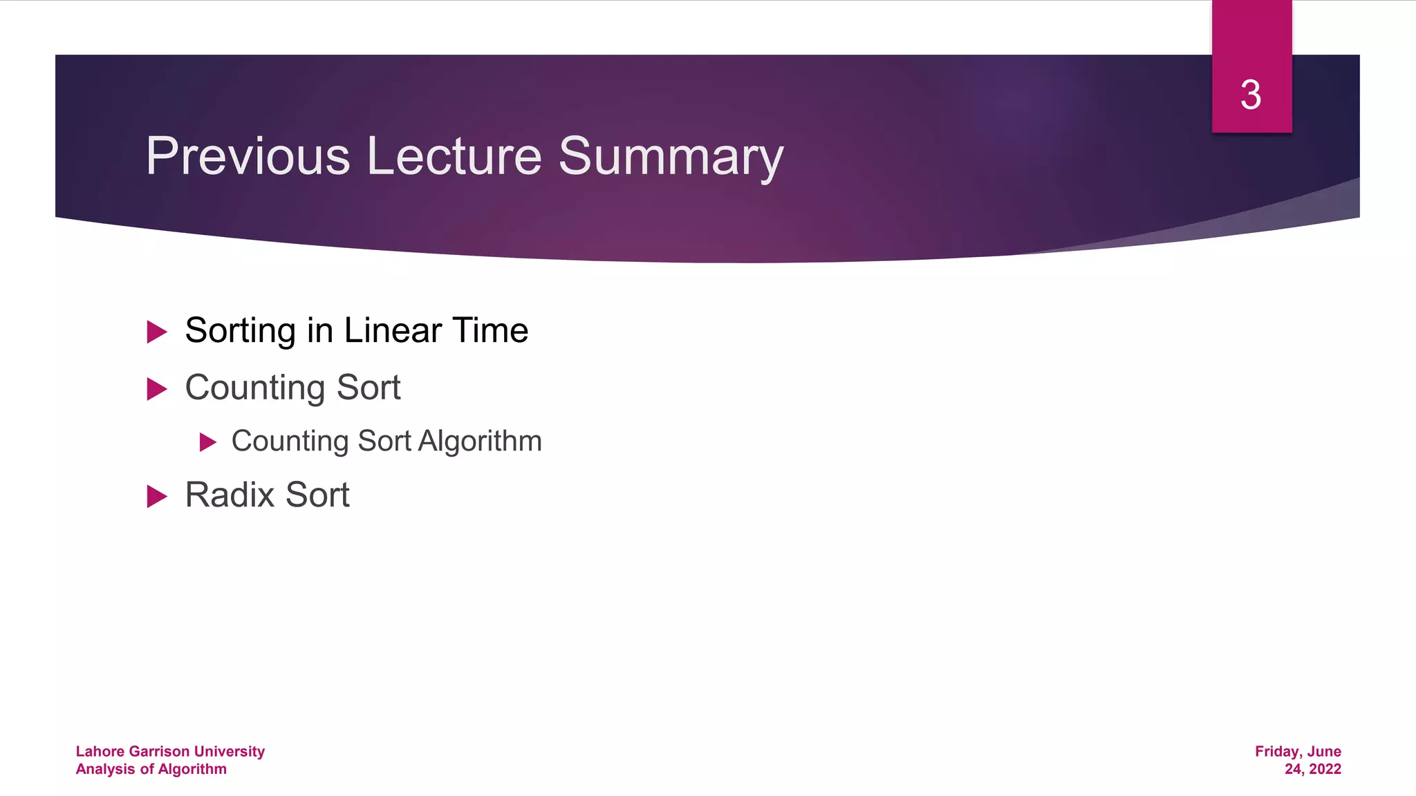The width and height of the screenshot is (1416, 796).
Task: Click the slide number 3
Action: pyautogui.click(x=1251, y=95)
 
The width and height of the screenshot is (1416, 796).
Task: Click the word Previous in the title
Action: pyautogui.click(x=248, y=156)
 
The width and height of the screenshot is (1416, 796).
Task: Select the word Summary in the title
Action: pyautogui.click(x=671, y=158)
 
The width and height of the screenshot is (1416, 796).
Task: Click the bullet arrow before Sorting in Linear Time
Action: pyautogui.click(x=157, y=332)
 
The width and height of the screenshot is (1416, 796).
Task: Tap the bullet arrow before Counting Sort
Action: pyautogui.click(x=157, y=389)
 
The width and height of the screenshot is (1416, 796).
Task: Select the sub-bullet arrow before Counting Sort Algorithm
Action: pyautogui.click(x=208, y=442)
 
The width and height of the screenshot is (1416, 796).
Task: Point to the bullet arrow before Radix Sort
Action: pyautogui.click(x=157, y=496)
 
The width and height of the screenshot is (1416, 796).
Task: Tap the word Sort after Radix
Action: pyautogui.click(x=317, y=495)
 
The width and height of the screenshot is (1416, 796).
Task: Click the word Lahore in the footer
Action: pyautogui.click(x=100, y=751)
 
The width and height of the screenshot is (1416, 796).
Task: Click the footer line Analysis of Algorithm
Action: pyautogui.click(x=151, y=769)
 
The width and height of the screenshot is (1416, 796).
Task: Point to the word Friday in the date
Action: pyautogui.click(x=1278, y=751)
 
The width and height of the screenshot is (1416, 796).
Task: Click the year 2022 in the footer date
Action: pyautogui.click(x=1325, y=769)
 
